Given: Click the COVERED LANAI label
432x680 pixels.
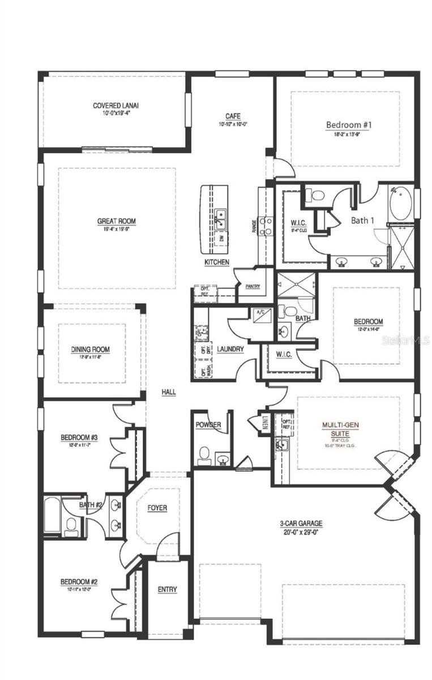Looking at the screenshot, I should (116, 105).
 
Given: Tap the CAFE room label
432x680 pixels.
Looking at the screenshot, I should (233, 116).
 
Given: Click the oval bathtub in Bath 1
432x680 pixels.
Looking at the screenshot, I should (401, 204).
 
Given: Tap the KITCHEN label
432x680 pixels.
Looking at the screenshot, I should (217, 262).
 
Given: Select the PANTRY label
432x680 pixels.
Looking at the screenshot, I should (253, 287).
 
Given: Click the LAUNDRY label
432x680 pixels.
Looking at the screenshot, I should (230, 349).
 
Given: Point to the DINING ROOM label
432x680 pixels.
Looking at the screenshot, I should (91, 350).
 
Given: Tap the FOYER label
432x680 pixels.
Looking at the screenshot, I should (157, 508).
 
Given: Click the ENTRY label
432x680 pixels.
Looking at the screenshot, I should (167, 589).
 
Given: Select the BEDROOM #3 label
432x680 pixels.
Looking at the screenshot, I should (80, 437).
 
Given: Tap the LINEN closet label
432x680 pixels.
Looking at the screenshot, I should (265, 423).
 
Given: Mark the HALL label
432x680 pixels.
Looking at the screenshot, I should (169, 392).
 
